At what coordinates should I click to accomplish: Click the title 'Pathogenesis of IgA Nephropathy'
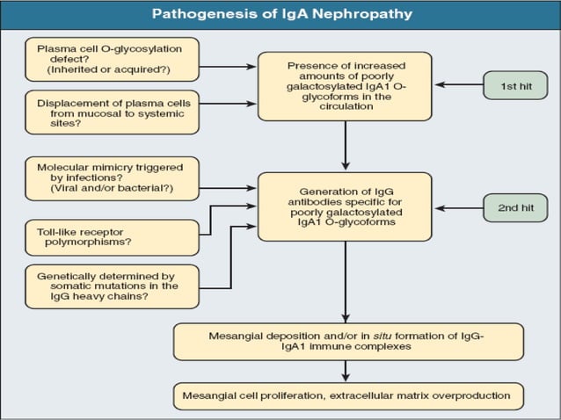point(281,14)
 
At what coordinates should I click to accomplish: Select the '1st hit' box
point(514,85)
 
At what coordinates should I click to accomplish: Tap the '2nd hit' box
point(514,208)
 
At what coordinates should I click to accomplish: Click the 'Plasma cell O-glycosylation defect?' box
point(111,58)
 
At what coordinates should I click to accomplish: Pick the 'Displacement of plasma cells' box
point(111,112)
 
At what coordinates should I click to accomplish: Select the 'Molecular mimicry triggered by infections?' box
point(111,178)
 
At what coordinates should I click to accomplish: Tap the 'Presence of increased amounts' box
point(344,85)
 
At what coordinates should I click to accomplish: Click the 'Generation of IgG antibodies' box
point(344,206)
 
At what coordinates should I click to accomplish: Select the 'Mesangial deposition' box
point(348,342)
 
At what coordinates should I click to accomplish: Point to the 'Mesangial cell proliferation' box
point(348,395)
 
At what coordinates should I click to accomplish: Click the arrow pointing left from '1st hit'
point(457,85)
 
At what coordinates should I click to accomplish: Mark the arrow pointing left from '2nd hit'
point(457,208)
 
